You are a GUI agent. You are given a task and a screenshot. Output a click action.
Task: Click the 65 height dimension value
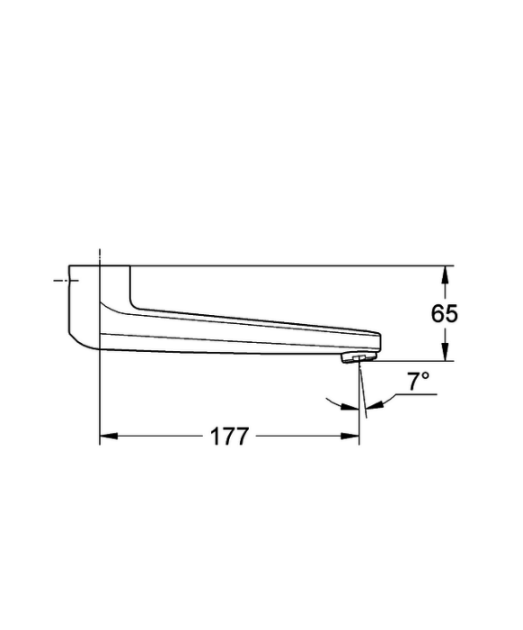(444, 313)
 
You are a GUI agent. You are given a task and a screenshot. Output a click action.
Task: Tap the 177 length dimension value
(229, 436)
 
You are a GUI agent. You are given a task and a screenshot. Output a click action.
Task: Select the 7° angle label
(419, 382)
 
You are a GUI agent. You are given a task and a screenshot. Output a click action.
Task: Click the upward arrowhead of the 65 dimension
(444, 275)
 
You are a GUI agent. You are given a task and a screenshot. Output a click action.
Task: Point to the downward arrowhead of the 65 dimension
(444, 351)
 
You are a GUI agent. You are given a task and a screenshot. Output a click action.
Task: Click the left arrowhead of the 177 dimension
(109, 436)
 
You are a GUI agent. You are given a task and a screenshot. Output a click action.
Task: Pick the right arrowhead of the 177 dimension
(350, 436)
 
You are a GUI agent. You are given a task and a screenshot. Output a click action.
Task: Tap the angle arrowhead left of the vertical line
(350, 408)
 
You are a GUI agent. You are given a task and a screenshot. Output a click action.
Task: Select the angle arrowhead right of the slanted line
(375, 405)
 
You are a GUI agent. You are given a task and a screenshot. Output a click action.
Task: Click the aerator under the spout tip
(359, 357)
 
